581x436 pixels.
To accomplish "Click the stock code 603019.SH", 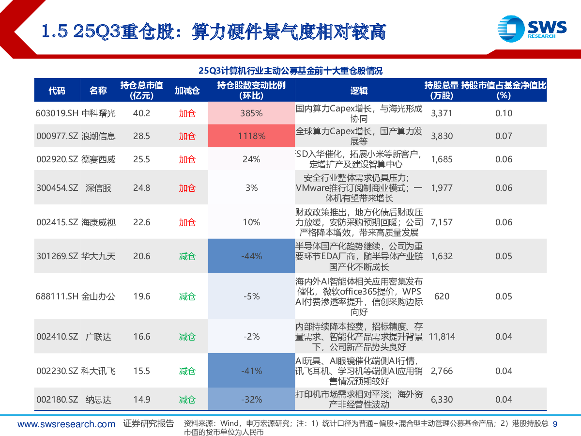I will (57, 113).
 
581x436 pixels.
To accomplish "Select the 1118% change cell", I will (251, 136).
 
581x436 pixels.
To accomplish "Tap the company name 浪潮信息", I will (99, 136).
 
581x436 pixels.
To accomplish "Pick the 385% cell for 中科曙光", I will (251, 113).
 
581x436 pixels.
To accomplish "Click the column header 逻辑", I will (359, 91).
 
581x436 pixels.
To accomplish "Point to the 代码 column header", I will (57, 91).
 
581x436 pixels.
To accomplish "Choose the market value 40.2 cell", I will (141, 113).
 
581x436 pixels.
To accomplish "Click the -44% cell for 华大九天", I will (251, 256).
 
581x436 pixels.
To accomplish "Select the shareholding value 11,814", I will (442, 336).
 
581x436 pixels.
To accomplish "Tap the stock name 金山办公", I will (99, 296).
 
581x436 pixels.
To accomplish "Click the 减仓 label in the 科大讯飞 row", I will (187, 371).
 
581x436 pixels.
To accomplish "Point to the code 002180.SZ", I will (57, 400).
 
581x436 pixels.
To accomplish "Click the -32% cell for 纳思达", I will (251, 400).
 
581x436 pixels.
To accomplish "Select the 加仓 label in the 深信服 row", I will (187, 188).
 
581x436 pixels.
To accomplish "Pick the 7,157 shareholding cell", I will (442, 222).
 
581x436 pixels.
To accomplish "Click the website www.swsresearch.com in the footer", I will (66, 424).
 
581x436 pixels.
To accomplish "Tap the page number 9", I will (555, 424).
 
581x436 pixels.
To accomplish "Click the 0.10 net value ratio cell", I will (504, 113).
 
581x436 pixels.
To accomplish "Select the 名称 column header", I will (98, 91).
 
